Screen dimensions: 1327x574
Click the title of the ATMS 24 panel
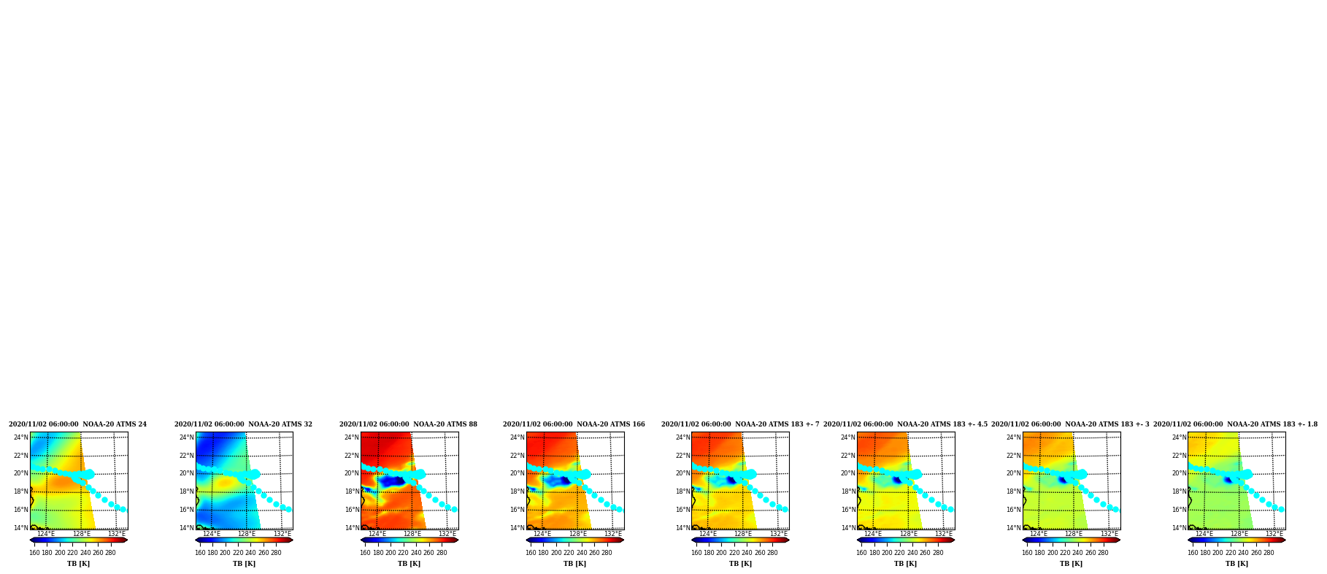[x=77, y=424]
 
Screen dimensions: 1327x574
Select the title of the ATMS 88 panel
[x=408, y=424]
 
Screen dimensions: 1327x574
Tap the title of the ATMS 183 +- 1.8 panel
[x=1235, y=424]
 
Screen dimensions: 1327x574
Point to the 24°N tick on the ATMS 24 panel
[x=21, y=437]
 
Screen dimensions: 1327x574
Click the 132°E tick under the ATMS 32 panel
[x=282, y=534]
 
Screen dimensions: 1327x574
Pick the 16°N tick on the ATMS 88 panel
[x=352, y=510]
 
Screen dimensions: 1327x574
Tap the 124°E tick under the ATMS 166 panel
[x=542, y=534]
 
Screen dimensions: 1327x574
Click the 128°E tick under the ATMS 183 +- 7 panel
[x=743, y=534]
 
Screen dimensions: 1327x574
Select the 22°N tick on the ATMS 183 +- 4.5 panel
[x=848, y=456]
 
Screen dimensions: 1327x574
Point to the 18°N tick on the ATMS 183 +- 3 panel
[x=1014, y=491]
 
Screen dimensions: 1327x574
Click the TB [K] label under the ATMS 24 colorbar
[x=79, y=564]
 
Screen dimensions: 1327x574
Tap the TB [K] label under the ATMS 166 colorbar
[x=574, y=564]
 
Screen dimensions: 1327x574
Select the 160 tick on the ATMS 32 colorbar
[x=200, y=553]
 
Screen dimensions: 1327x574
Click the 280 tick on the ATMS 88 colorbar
[x=442, y=553]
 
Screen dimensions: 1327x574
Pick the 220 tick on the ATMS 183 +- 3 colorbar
[x=1065, y=553]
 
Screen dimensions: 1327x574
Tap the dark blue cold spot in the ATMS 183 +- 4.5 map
[x=897, y=480]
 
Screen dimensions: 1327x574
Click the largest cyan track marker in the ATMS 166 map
[x=585, y=474]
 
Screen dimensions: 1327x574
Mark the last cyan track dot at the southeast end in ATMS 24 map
[x=123, y=509]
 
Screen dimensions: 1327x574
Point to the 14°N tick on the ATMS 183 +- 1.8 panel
[x=1180, y=528]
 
